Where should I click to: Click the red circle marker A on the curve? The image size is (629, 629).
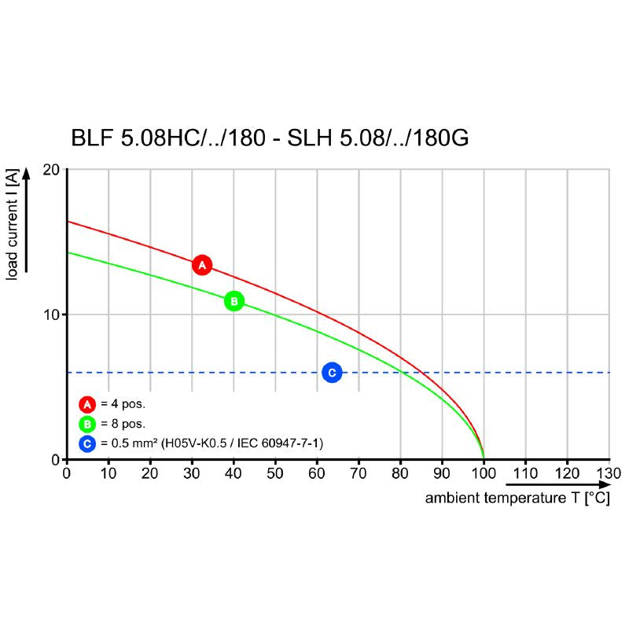pyautogui.click(x=202, y=265)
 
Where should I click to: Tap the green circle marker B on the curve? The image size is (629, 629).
pyautogui.click(x=234, y=300)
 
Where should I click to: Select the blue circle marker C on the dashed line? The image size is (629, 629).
pyautogui.click(x=332, y=372)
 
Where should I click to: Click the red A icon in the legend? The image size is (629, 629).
pyautogui.click(x=87, y=404)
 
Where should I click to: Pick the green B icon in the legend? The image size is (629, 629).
pyautogui.click(x=87, y=424)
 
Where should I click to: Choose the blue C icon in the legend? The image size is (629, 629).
pyautogui.click(x=87, y=443)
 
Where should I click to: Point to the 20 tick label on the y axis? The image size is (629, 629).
pyautogui.click(x=53, y=170)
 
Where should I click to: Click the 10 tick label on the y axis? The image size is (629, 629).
pyautogui.click(x=53, y=314)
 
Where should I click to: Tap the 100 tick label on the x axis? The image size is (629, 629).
pyautogui.click(x=483, y=473)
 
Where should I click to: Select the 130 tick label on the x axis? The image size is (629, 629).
pyautogui.click(x=608, y=473)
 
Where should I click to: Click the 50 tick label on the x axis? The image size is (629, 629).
pyautogui.click(x=275, y=473)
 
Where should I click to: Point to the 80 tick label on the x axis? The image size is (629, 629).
pyautogui.click(x=400, y=473)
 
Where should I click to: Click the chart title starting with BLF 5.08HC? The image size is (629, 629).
pyautogui.click(x=270, y=138)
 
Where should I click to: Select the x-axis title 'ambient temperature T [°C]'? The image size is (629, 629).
pyautogui.click(x=517, y=498)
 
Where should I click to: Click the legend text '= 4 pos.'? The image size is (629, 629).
pyautogui.click(x=123, y=404)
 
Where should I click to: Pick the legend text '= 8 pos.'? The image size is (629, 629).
pyautogui.click(x=123, y=424)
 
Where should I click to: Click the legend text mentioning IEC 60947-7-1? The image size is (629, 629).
pyautogui.click(x=212, y=443)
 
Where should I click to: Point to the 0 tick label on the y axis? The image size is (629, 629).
pyautogui.click(x=57, y=460)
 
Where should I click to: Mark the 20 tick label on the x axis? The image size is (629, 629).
pyautogui.click(x=150, y=473)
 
